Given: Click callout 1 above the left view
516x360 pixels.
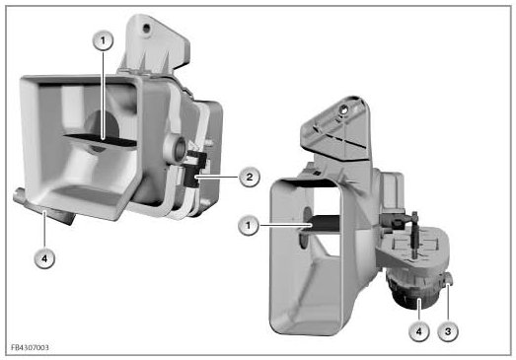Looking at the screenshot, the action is [103, 40].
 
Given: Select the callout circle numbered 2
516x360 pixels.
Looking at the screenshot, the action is [249, 177].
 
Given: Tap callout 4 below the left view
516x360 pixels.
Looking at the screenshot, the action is [44, 258].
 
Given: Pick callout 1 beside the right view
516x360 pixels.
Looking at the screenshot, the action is [248, 226].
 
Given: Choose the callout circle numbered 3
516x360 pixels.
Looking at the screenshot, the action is [448, 331].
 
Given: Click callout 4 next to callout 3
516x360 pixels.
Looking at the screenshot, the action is [418, 331].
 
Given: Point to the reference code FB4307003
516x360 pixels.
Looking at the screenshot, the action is [30, 347].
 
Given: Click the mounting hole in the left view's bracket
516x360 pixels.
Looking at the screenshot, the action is [146, 29].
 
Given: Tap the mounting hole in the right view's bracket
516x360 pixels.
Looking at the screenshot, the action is [343, 109].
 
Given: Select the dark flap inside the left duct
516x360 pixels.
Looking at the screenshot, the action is [101, 140].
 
